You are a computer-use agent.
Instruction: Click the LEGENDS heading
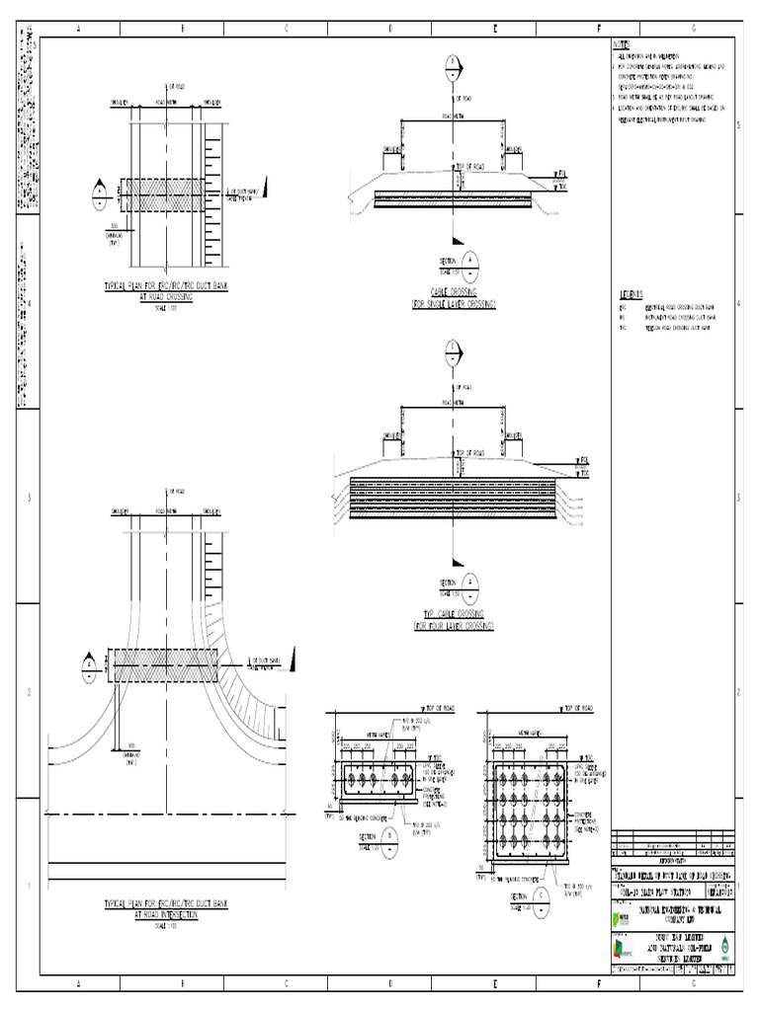[x=631, y=294]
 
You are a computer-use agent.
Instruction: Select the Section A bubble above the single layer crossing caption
[x=471, y=262]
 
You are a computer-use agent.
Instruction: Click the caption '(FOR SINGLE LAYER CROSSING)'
[x=453, y=303]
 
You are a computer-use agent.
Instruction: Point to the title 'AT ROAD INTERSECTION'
[x=166, y=914]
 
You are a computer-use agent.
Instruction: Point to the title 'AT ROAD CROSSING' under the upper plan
[x=166, y=294]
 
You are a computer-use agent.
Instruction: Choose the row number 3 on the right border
[x=738, y=499]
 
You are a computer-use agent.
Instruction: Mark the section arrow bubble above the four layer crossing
[x=453, y=350]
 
